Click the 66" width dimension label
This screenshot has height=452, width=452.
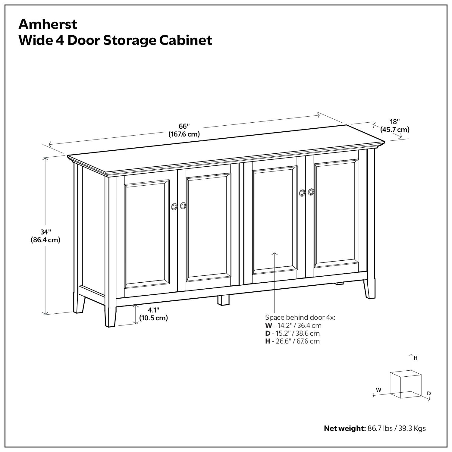tap(184, 126)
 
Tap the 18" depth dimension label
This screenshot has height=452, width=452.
tap(394, 122)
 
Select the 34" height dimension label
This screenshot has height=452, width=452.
tap(46, 232)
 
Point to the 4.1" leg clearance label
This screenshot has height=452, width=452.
tap(153, 310)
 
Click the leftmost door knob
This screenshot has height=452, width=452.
tap(174, 206)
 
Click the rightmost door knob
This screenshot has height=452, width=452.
tap(311, 192)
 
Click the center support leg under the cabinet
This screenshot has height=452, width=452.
tap(223, 300)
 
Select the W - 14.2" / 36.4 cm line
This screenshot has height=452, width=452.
tap(293, 325)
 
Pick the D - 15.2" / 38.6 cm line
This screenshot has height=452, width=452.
tap(292, 333)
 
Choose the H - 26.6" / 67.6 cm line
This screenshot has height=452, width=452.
tap(292, 341)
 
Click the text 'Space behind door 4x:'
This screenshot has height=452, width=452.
tap(300, 317)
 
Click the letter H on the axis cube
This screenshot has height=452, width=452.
tap(416, 358)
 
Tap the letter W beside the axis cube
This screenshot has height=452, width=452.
tap(378, 390)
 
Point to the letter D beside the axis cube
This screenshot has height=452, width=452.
tap(429, 393)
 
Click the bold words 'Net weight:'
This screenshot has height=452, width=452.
tap(344, 428)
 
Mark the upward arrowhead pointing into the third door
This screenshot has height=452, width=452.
tap(275, 254)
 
